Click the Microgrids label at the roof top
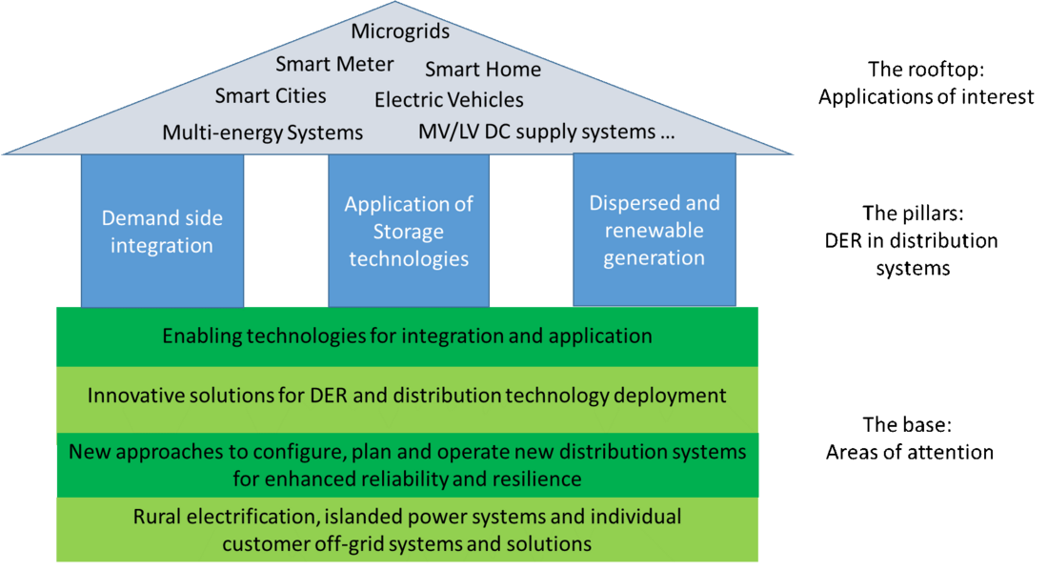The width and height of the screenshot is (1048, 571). point(400,31)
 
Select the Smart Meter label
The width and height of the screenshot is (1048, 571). point(334,65)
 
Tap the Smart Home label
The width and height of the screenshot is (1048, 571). point(482,70)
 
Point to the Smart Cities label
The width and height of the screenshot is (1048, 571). point(271,96)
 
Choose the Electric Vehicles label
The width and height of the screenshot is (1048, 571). point(449,100)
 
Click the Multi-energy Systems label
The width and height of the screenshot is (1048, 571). point(262,133)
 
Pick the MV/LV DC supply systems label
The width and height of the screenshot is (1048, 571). point(547,133)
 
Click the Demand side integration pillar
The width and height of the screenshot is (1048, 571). point(162,232)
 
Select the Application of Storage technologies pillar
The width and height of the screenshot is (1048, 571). point(409,232)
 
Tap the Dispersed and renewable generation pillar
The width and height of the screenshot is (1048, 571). point(655,231)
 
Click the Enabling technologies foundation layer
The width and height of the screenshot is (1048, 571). point(407,336)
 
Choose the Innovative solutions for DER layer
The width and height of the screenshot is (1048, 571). point(407,396)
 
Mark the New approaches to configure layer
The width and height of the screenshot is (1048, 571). point(407,463)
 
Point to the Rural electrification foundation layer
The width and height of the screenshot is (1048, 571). point(407,530)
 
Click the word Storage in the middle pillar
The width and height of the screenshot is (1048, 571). point(409,232)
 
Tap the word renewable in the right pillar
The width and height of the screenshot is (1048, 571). point(655,231)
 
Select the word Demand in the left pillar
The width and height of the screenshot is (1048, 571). point(134,218)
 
